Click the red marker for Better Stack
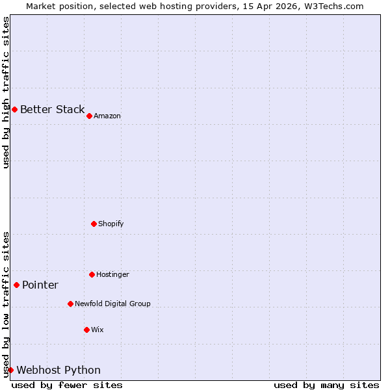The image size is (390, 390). click(x=14, y=109)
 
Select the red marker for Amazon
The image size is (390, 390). click(x=89, y=116)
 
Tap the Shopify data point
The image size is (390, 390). click(x=94, y=224)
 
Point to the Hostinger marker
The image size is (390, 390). click(x=92, y=274)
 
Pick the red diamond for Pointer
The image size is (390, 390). click(x=16, y=285)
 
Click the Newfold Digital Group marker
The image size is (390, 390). click(x=70, y=304)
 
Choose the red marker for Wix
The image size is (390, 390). click(x=86, y=330)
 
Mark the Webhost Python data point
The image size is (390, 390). click(x=10, y=370)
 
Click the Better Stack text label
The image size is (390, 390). click(x=52, y=109)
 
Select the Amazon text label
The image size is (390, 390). click(x=107, y=116)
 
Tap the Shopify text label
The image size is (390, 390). click(x=111, y=224)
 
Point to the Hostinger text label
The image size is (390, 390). click(x=113, y=274)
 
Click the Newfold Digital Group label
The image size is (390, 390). click(x=112, y=304)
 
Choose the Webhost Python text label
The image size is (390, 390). click(x=58, y=370)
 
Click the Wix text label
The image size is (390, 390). click(x=97, y=330)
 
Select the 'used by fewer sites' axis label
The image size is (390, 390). click(x=67, y=385)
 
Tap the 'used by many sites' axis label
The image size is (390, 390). click(x=326, y=385)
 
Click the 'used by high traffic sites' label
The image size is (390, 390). click(x=6, y=92)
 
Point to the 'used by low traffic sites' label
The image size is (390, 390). click(x=6, y=304)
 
